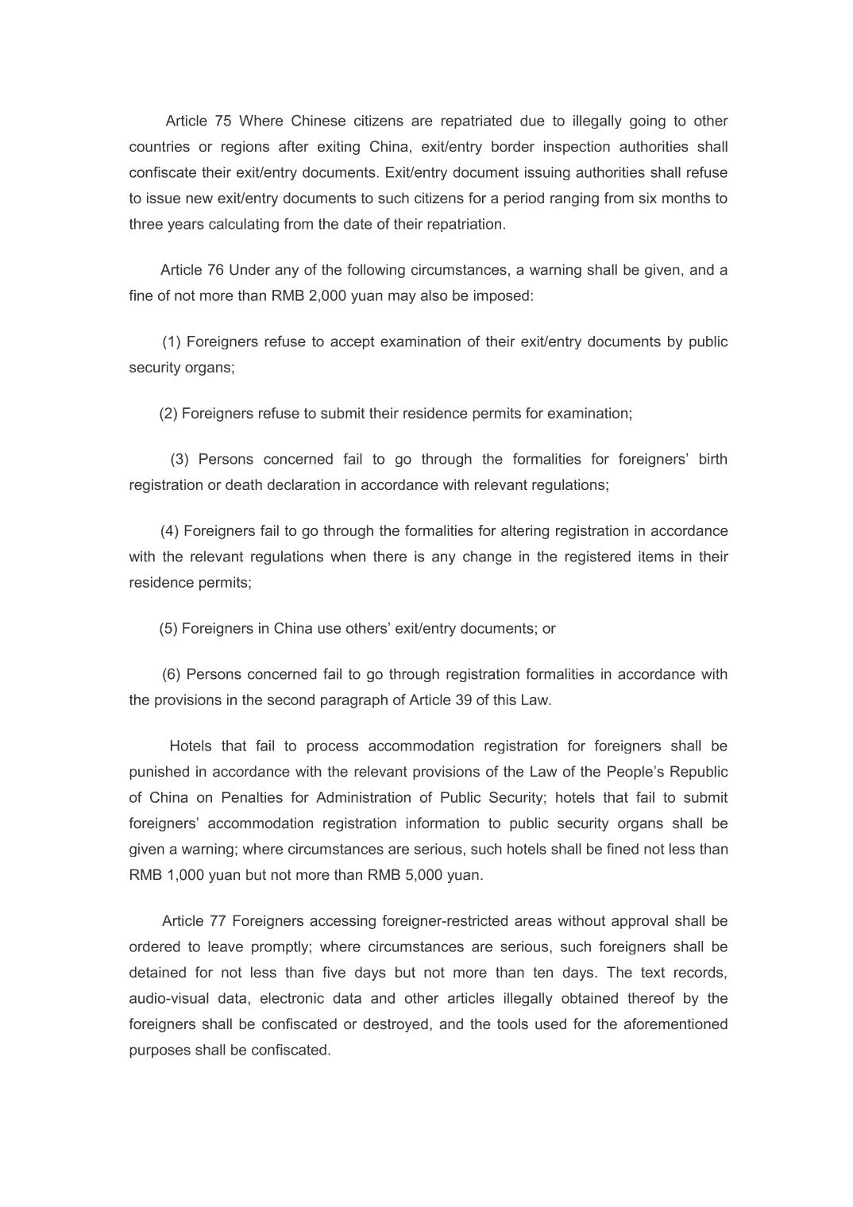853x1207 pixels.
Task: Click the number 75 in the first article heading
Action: [x=223, y=121]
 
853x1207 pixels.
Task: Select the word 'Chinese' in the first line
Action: [x=318, y=121]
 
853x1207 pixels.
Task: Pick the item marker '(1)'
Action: [x=172, y=341]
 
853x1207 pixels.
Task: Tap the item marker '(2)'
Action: [x=168, y=413]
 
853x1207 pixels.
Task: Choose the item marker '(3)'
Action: [x=179, y=459]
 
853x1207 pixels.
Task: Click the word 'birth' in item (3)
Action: [x=712, y=459]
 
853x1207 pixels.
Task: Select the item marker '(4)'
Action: [x=170, y=530]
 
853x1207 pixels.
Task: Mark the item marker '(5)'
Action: [x=168, y=628]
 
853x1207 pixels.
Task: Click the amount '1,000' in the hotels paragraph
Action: [x=184, y=875]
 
